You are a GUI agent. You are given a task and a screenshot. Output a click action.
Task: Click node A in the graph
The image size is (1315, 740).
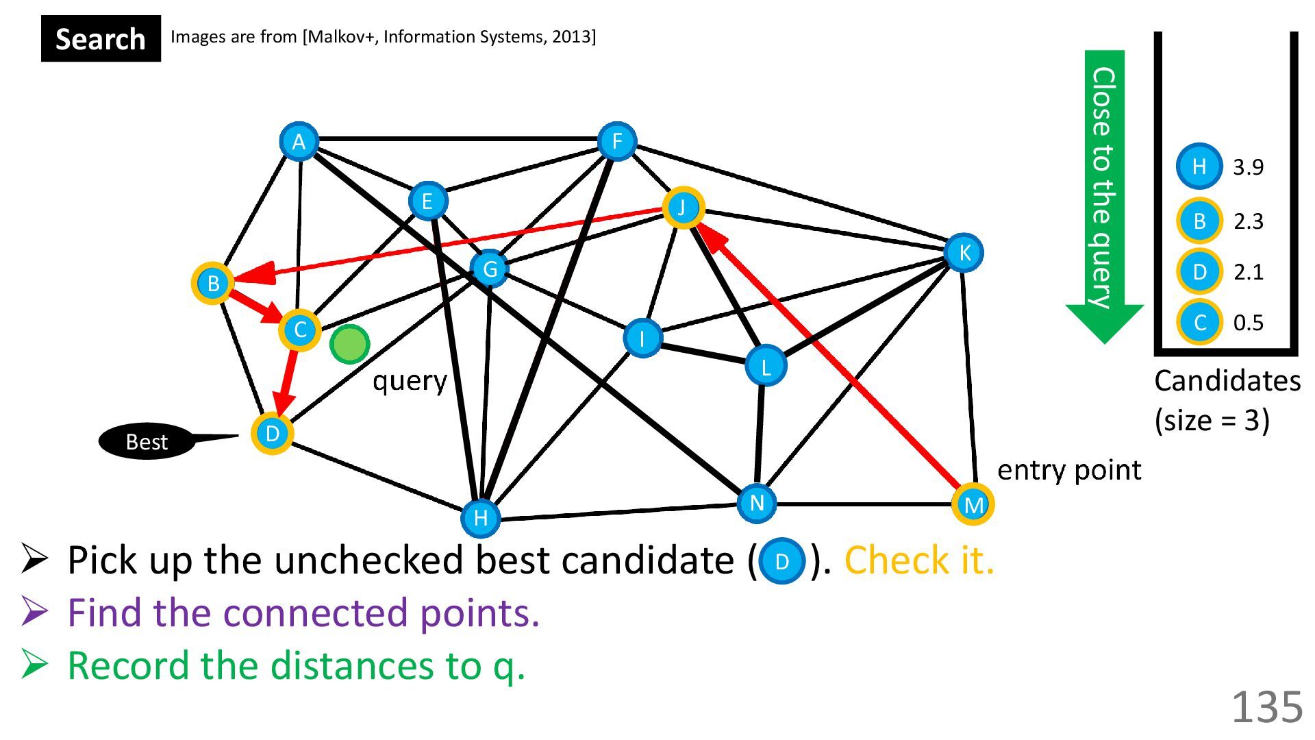[299, 142]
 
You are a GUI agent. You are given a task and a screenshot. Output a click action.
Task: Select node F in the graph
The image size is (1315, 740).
[617, 142]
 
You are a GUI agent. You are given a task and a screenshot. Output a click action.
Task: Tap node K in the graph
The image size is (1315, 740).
[964, 253]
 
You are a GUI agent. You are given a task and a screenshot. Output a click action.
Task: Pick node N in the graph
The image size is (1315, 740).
[757, 503]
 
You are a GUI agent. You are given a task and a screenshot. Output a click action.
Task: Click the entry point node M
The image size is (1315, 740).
[973, 505]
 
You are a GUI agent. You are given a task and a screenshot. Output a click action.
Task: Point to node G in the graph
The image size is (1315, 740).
[490, 269]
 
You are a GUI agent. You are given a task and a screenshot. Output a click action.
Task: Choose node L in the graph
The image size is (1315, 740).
[766, 366]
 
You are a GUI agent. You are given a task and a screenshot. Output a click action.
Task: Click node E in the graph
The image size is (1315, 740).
[427, 201]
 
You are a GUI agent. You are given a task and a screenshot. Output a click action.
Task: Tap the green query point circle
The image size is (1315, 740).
[349, 344]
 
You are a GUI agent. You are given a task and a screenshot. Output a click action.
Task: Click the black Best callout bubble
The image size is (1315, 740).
[147, 442]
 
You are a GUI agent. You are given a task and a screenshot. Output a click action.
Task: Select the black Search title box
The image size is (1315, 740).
[101, 39]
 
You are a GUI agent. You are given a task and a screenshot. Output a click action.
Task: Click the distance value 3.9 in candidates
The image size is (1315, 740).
[1248, 167]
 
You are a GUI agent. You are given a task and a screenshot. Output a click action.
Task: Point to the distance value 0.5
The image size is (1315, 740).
[1248, 323]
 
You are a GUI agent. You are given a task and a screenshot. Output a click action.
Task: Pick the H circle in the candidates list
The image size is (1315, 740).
[1199, 166]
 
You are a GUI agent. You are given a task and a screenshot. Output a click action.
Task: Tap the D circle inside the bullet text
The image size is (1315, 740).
[781, 562]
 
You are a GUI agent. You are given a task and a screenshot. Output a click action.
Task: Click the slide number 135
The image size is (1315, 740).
[1267, 707]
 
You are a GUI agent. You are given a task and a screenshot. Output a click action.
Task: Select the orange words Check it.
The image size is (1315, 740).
[918, 560]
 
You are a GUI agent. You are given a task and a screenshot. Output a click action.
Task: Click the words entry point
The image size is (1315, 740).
[1068, 471]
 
